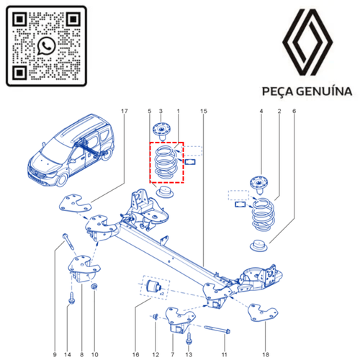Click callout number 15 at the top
(204, 111)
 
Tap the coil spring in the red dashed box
(166, 165)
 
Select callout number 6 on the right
(294, 111)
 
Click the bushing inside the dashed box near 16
(153, 288)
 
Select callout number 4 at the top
(261, 111)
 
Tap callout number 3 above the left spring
(161, 111)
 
